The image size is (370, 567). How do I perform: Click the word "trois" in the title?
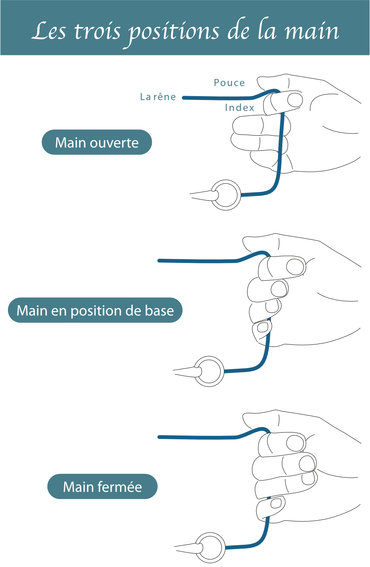click(90, 31)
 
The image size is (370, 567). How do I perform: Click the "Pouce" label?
click(229, 83)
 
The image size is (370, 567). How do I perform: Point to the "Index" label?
click(240, 108)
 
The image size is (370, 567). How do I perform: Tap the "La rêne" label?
click(158, 97)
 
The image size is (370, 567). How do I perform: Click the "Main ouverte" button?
click(96, 142)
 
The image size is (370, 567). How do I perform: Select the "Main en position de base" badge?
click(95, 310)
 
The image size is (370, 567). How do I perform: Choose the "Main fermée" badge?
click(102, 487)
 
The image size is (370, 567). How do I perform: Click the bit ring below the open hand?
click(226, 195)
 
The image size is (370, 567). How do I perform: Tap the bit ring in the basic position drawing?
click(209, 371)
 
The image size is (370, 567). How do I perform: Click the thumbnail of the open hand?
click(295, 100)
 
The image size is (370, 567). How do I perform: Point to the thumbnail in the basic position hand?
click(296, 267)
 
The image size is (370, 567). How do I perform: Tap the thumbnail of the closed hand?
click(296, 443)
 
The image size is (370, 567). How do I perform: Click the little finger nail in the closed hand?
click(276, 503)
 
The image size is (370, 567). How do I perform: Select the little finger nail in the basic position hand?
click(263, 326)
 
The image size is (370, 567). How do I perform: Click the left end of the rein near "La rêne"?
click(185, 98)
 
